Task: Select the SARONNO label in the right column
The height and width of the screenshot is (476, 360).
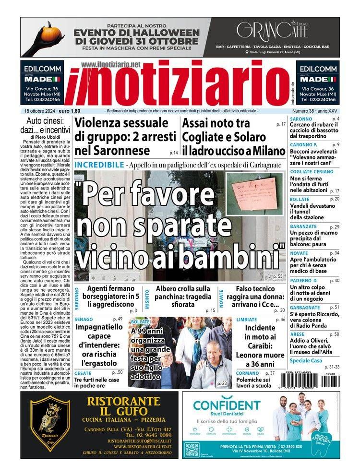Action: [301, 119]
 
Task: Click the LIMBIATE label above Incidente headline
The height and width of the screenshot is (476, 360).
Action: [247, 319]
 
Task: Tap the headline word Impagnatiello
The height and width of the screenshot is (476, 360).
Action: [100, 329]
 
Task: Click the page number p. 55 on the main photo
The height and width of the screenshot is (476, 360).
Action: [277, 276]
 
